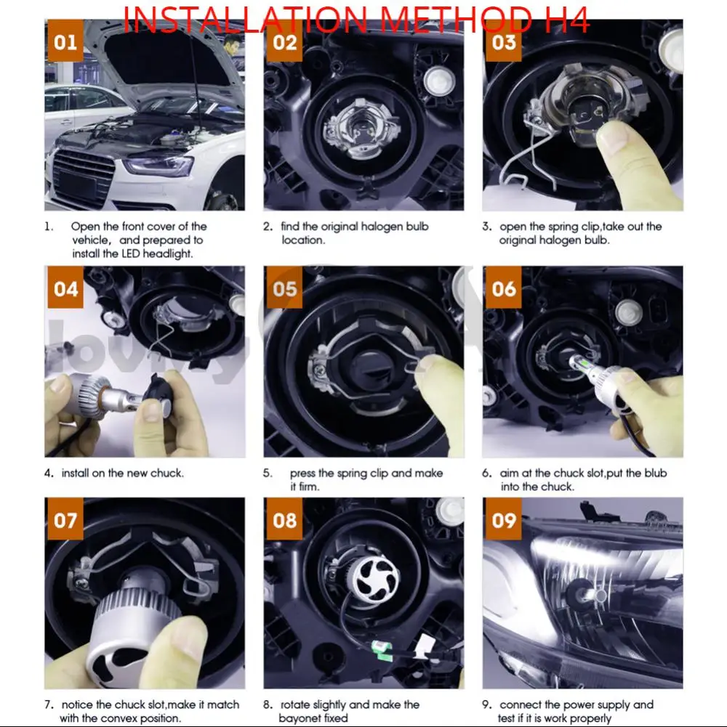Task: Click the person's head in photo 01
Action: [x=231, y=44]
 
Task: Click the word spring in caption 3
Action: [x=564, y=227]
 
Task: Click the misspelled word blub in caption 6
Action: [x=656, y=473]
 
